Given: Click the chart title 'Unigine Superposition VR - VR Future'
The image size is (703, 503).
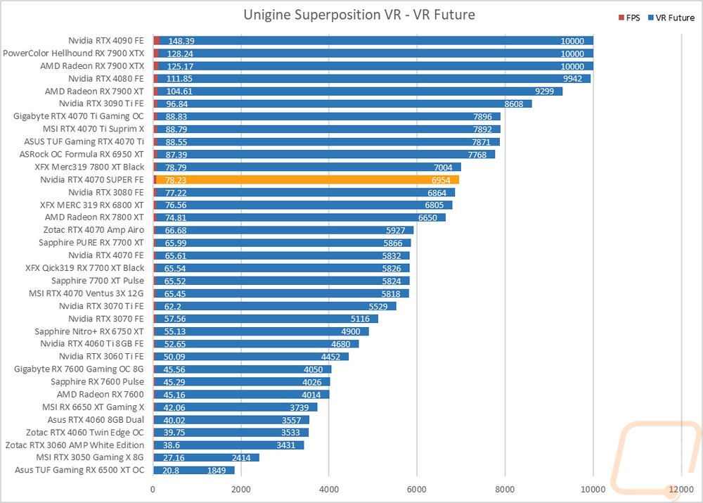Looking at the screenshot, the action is (359, 15).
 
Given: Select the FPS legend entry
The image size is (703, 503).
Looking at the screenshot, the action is (629, 18).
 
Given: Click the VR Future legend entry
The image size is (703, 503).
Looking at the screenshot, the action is (671, 18).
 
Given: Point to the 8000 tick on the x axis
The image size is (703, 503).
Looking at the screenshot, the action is (505, 489).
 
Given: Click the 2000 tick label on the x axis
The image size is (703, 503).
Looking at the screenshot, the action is (240, 489).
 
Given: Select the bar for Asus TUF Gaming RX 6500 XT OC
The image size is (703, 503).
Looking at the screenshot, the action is (194, 470).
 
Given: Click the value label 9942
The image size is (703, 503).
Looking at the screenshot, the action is (572, 79).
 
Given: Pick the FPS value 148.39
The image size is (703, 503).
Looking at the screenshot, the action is (181, 42).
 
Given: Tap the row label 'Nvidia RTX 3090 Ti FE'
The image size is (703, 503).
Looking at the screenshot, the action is (101, 103).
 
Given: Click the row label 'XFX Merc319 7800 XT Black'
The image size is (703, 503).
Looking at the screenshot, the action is (90, 167).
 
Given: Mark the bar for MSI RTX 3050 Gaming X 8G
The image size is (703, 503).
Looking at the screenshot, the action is (206, 458).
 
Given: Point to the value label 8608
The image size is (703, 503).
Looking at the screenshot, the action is (514, 104).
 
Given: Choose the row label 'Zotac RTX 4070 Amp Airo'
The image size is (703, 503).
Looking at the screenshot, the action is (93, 230).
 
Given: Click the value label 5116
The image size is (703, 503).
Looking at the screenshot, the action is (360, 319).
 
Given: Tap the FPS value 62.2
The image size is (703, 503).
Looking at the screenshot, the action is (173, 307).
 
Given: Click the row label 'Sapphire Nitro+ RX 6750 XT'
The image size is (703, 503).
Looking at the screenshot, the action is (89, 331).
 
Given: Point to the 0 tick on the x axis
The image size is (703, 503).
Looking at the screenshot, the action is (153, 489).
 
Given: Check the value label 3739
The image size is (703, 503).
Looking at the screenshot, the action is (299, 407).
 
